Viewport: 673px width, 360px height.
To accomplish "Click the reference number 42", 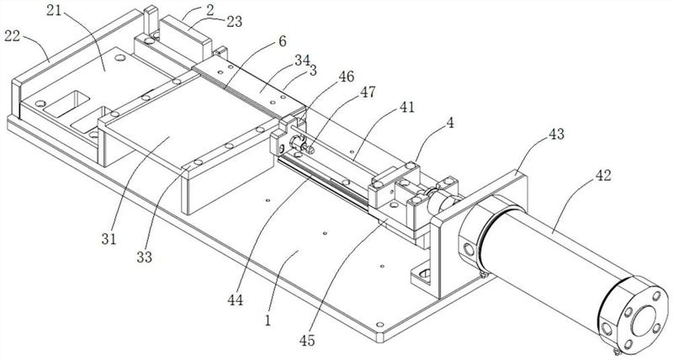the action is click(x=602, y=175).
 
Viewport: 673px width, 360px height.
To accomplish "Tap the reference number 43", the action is click(x=556, y=135).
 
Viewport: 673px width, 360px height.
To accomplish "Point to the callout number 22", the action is click(x=13, y=35).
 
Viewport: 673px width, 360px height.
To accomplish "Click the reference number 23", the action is click(x=235, y=22).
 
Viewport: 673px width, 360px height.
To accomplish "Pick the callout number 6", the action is click(x=282, y=41).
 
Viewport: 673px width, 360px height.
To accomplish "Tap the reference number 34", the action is click(x=301, y=61).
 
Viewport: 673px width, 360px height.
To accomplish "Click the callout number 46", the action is click(x=347, y=77).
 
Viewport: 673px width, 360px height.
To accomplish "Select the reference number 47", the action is click(x=368, y=92).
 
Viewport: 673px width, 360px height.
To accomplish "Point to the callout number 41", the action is click(x=407, y=107).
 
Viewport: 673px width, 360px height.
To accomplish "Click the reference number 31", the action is click(x=109, y=239).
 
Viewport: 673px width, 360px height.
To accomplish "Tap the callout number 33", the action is click(x=144, y=257).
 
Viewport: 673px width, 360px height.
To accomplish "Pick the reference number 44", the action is click(x=236, y=300).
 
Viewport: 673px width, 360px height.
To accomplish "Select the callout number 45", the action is click(x=307, y=341).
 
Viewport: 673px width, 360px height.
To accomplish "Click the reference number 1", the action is click(x=268, y=320).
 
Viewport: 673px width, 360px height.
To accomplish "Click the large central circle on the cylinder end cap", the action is click(x=643, y=319).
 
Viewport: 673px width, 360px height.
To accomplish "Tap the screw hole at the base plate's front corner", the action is click(x=379, y=324).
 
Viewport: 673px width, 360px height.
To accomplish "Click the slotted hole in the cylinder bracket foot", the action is click(x=425, y=273).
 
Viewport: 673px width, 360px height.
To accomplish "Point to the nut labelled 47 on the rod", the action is click(x=310, y=150).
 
